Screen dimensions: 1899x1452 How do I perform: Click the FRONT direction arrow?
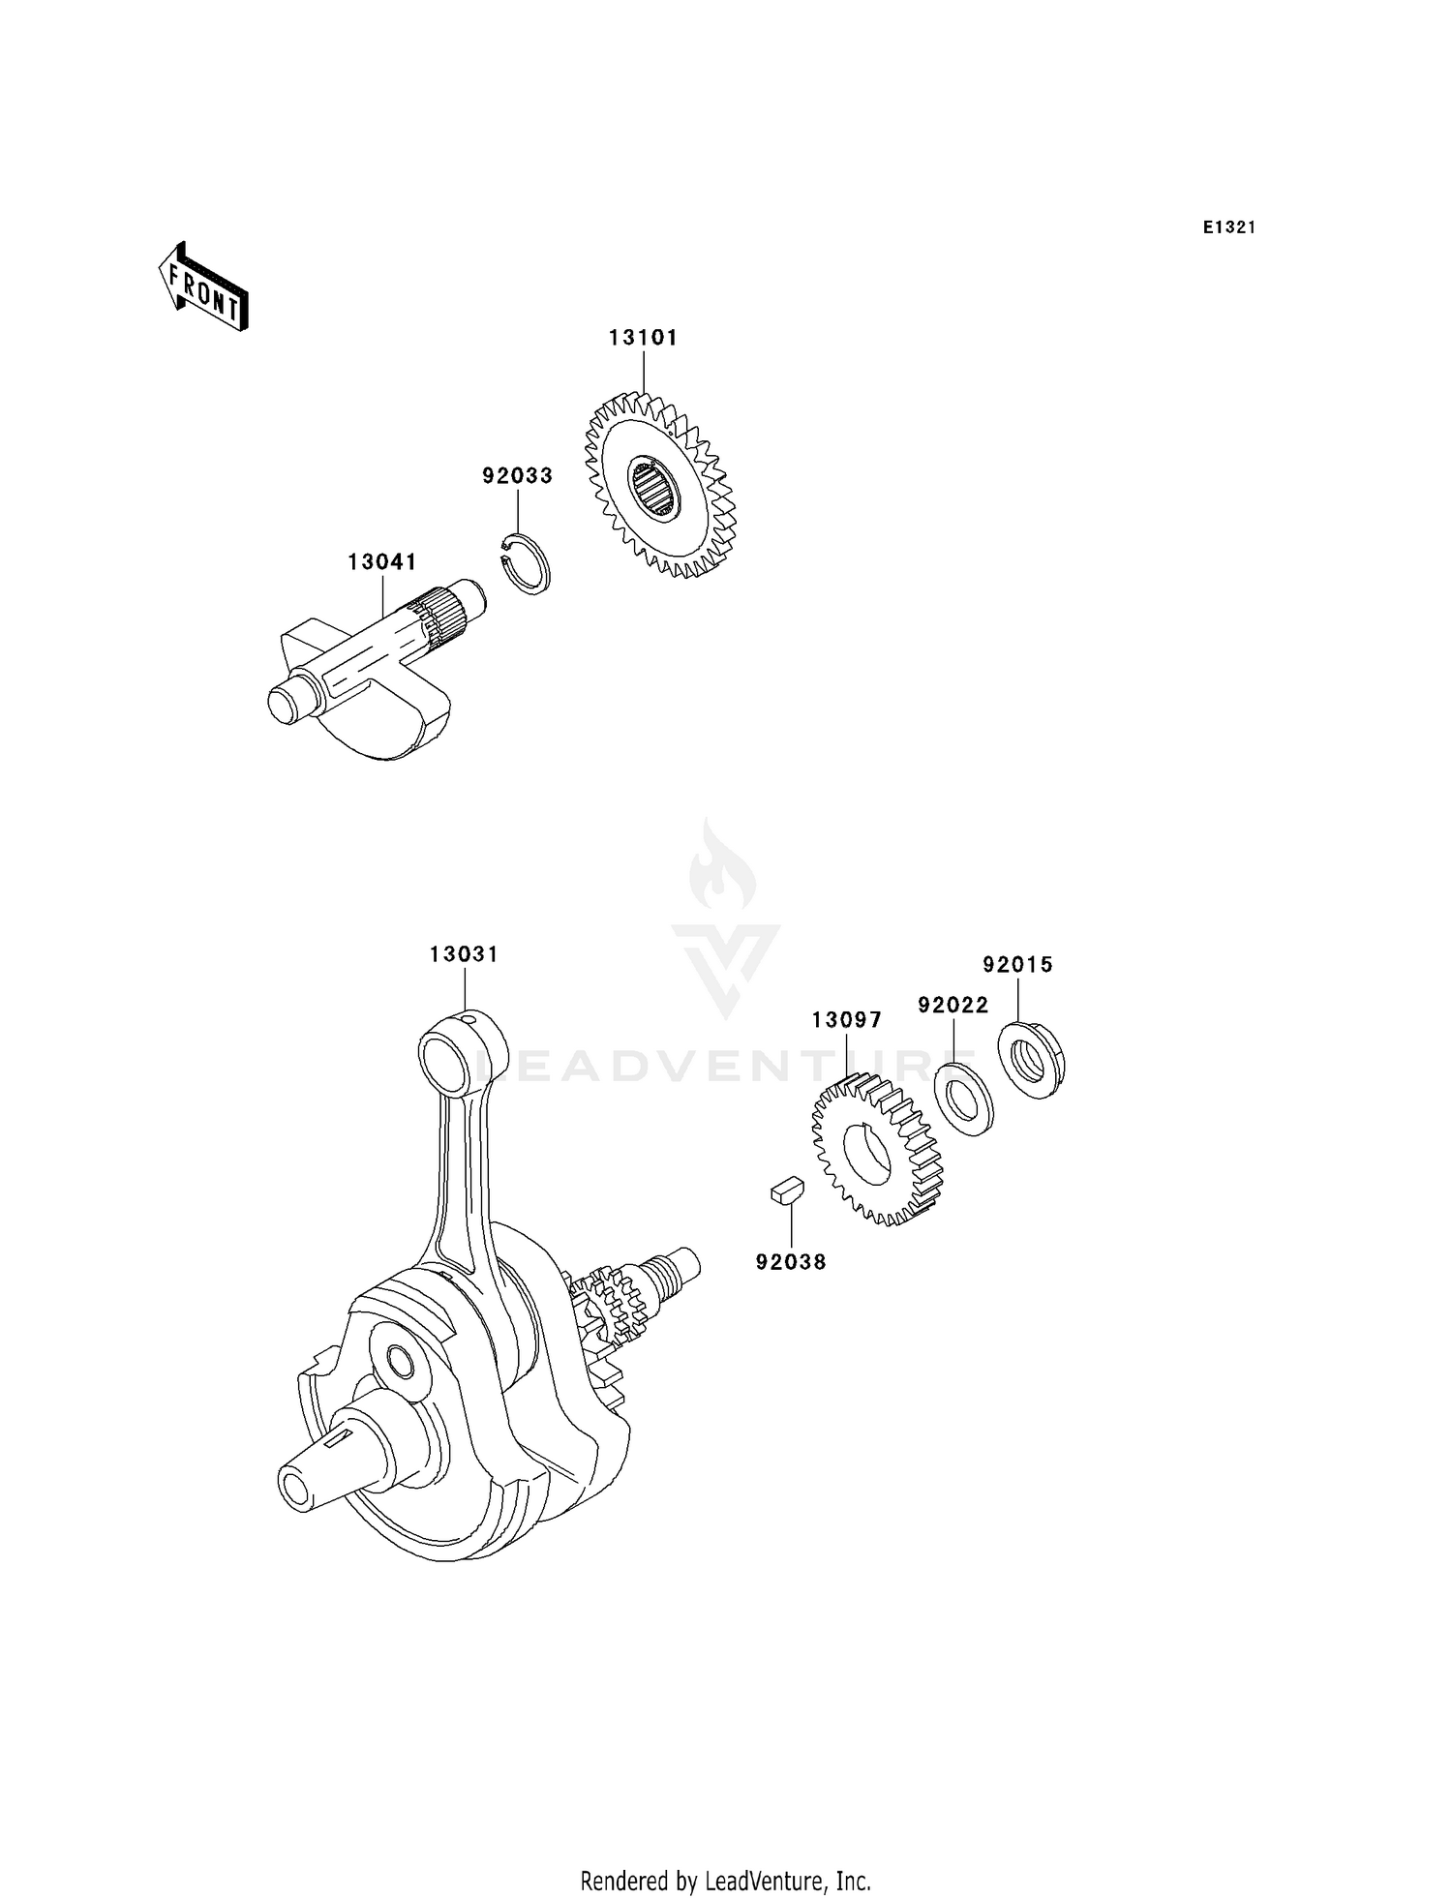203,288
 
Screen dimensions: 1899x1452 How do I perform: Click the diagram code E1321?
1228,227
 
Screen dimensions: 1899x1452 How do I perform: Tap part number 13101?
643,338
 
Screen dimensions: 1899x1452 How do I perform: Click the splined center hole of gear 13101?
654,487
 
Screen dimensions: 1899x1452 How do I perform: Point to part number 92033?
517,475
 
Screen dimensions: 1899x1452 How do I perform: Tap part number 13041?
382,561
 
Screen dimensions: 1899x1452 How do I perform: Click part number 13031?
464,954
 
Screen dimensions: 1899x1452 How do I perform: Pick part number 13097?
846,1020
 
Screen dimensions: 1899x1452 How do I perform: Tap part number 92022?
953,1005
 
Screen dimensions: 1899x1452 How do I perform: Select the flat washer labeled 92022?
964,1099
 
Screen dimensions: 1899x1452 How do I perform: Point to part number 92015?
1017,964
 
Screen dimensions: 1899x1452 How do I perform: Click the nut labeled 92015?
1031,1060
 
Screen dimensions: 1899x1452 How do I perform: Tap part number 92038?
791,1262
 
